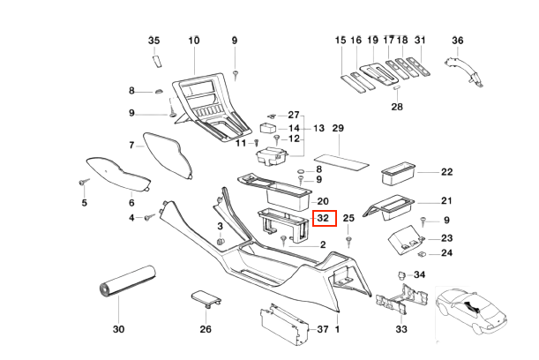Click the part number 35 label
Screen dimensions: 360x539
tap(153, 41)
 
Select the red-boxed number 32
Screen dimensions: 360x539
tap(323, 217)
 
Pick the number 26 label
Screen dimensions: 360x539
tap(206, 329)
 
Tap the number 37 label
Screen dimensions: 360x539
tap(323, 329)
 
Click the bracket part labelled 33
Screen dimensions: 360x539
tap(395, 303)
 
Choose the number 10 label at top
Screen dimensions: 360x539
tap(194, 41)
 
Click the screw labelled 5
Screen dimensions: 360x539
tap(85, 181)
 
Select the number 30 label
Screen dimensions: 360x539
tap(119, 329)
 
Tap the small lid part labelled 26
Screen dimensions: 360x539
tap(204, 299)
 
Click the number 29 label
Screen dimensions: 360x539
tap(337, 129)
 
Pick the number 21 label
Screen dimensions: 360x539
tap(446, 200)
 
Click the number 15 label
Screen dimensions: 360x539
tap(341, 41)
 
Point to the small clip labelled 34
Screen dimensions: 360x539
tap(401, 275)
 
